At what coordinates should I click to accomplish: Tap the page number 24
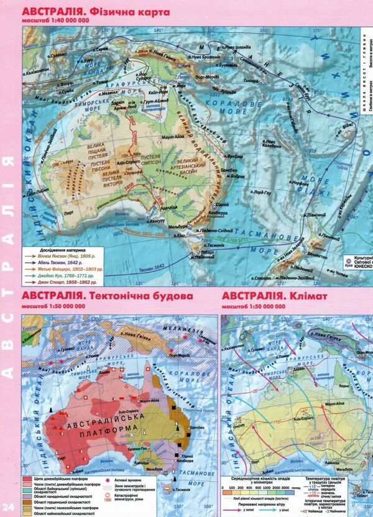[8, 507]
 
